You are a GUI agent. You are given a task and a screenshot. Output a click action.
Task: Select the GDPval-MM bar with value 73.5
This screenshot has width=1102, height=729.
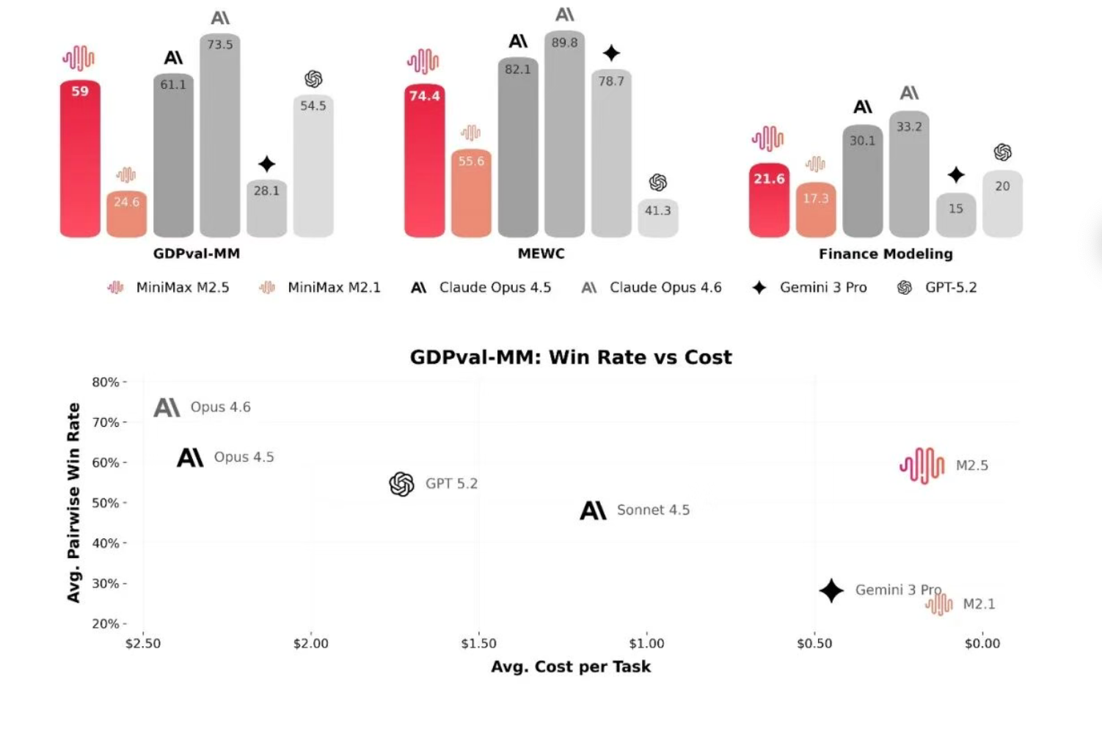pyautogui.click(x=219, y=136)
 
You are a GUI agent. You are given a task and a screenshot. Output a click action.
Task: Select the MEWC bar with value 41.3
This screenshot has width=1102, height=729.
pyautogui.click(x=657, y=218)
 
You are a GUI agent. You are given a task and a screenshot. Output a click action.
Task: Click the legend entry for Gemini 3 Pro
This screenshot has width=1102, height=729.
pyautogui.click(x=809, y=287)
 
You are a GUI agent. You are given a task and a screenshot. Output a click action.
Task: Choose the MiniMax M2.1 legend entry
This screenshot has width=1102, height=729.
pyautogui.click(x=320, y=287)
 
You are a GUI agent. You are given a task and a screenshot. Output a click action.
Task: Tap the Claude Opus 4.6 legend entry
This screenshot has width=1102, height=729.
pyautogui.click(x=652, y=287)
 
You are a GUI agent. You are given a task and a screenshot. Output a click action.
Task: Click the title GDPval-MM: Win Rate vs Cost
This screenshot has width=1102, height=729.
pyautogui.click(x=571, y=357)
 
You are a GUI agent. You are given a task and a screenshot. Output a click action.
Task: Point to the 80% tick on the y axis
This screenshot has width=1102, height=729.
pyautogui.click(x=106, y=382)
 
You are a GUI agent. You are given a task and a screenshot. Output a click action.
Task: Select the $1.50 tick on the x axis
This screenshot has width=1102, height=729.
pyautogui.click(x=478, y=643)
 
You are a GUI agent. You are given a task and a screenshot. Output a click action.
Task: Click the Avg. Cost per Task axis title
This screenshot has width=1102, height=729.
pyautogui.click(x=571, y=667)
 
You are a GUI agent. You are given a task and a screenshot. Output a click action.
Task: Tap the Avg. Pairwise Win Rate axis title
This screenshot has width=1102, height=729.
pyautogui.click(x=73, y=502)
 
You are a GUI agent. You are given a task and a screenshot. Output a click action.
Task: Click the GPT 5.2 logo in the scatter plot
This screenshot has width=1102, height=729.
pyautogui.click(x=401, y=484)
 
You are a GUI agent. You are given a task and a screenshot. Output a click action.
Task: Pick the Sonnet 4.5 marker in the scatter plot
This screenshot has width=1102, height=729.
pyautogui.click(x=593, y=510)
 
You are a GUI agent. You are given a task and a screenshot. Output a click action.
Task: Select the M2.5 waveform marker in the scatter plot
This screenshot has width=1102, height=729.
pyautogui.click(x=922, y=466)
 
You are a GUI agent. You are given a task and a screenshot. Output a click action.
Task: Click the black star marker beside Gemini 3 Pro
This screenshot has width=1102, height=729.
pyautogui.click(x=831, y=590)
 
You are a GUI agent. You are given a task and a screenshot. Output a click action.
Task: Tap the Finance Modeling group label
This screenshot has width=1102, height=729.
pyautogui.click(x=886, y=254)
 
